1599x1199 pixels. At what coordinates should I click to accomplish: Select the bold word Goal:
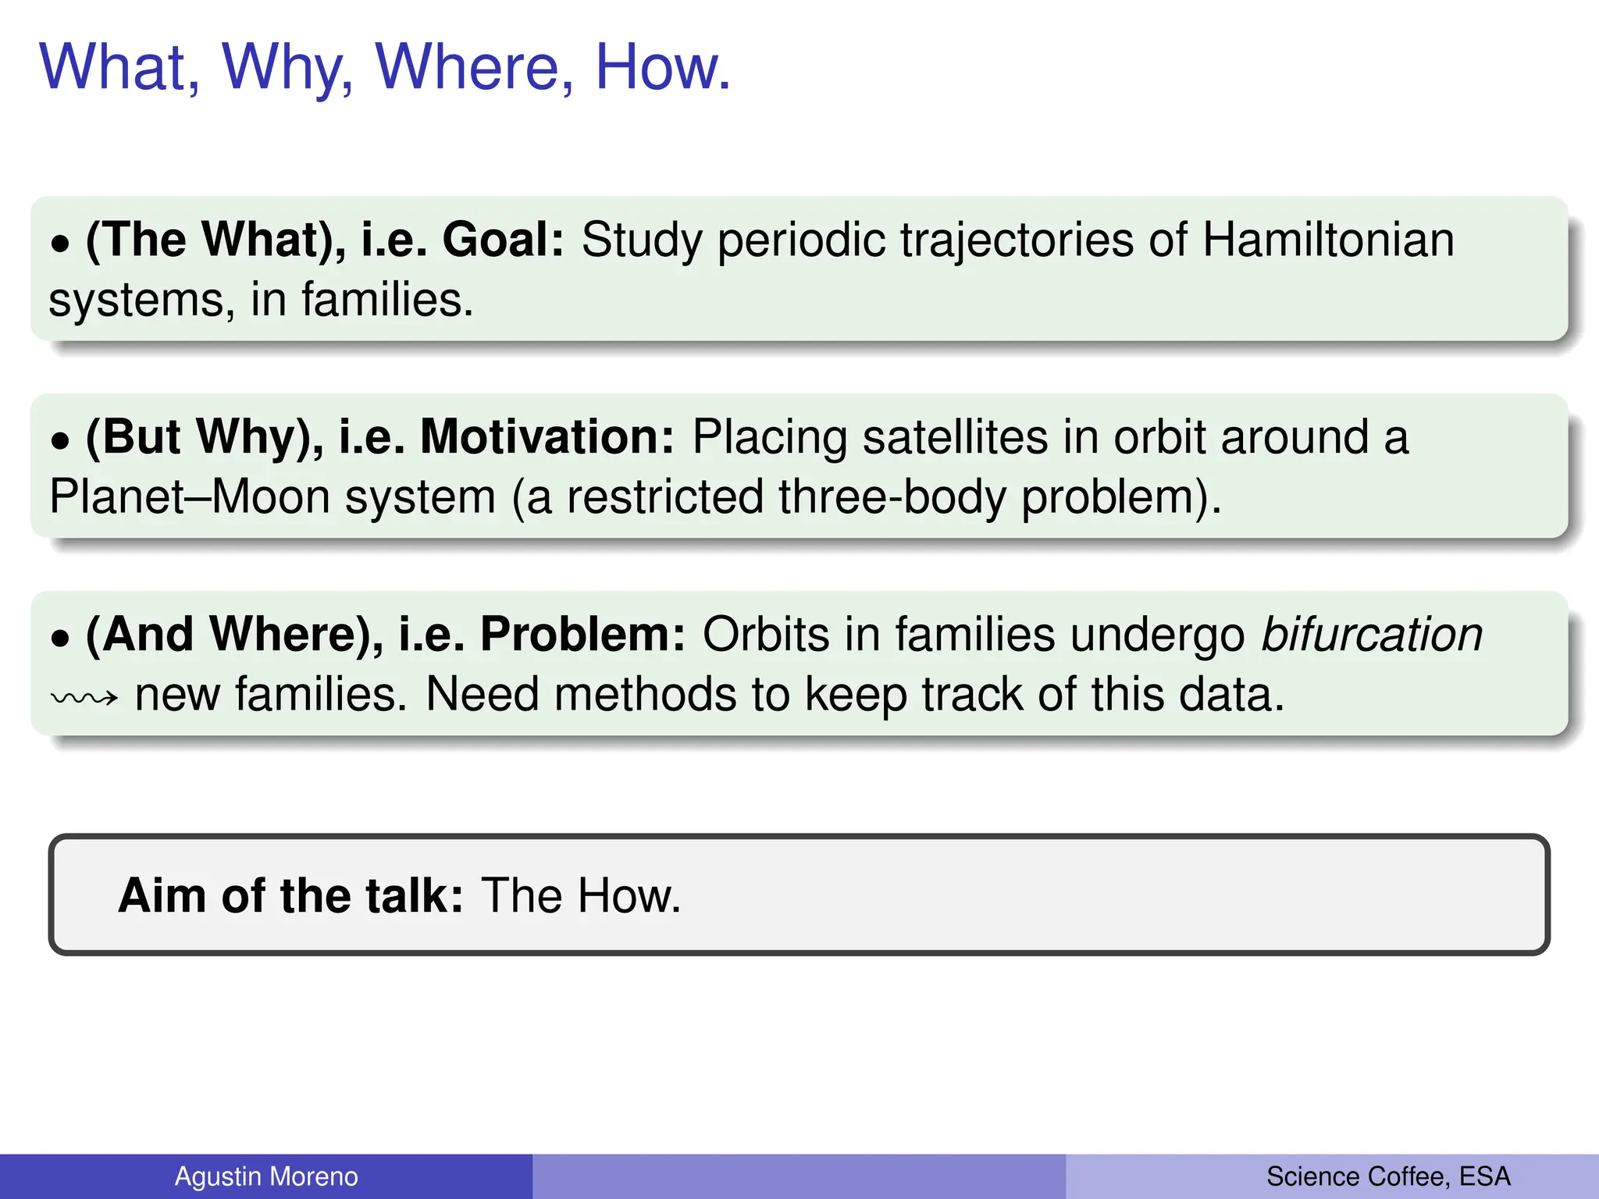pos(503,240)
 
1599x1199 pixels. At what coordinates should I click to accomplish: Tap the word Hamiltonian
pos(1328,240)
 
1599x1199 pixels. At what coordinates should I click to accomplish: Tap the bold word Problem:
pos(582,634)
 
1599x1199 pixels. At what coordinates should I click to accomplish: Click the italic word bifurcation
pos(1372,634)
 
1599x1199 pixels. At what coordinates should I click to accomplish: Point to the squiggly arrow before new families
pos(84,697)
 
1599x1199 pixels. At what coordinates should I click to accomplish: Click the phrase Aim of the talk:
pos(290,895)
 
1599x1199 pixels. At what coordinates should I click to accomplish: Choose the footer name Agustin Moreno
pos(265,1176)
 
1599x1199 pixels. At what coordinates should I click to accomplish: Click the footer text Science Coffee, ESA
pos(1388,1176)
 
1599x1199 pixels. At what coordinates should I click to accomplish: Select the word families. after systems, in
pos(387,301)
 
